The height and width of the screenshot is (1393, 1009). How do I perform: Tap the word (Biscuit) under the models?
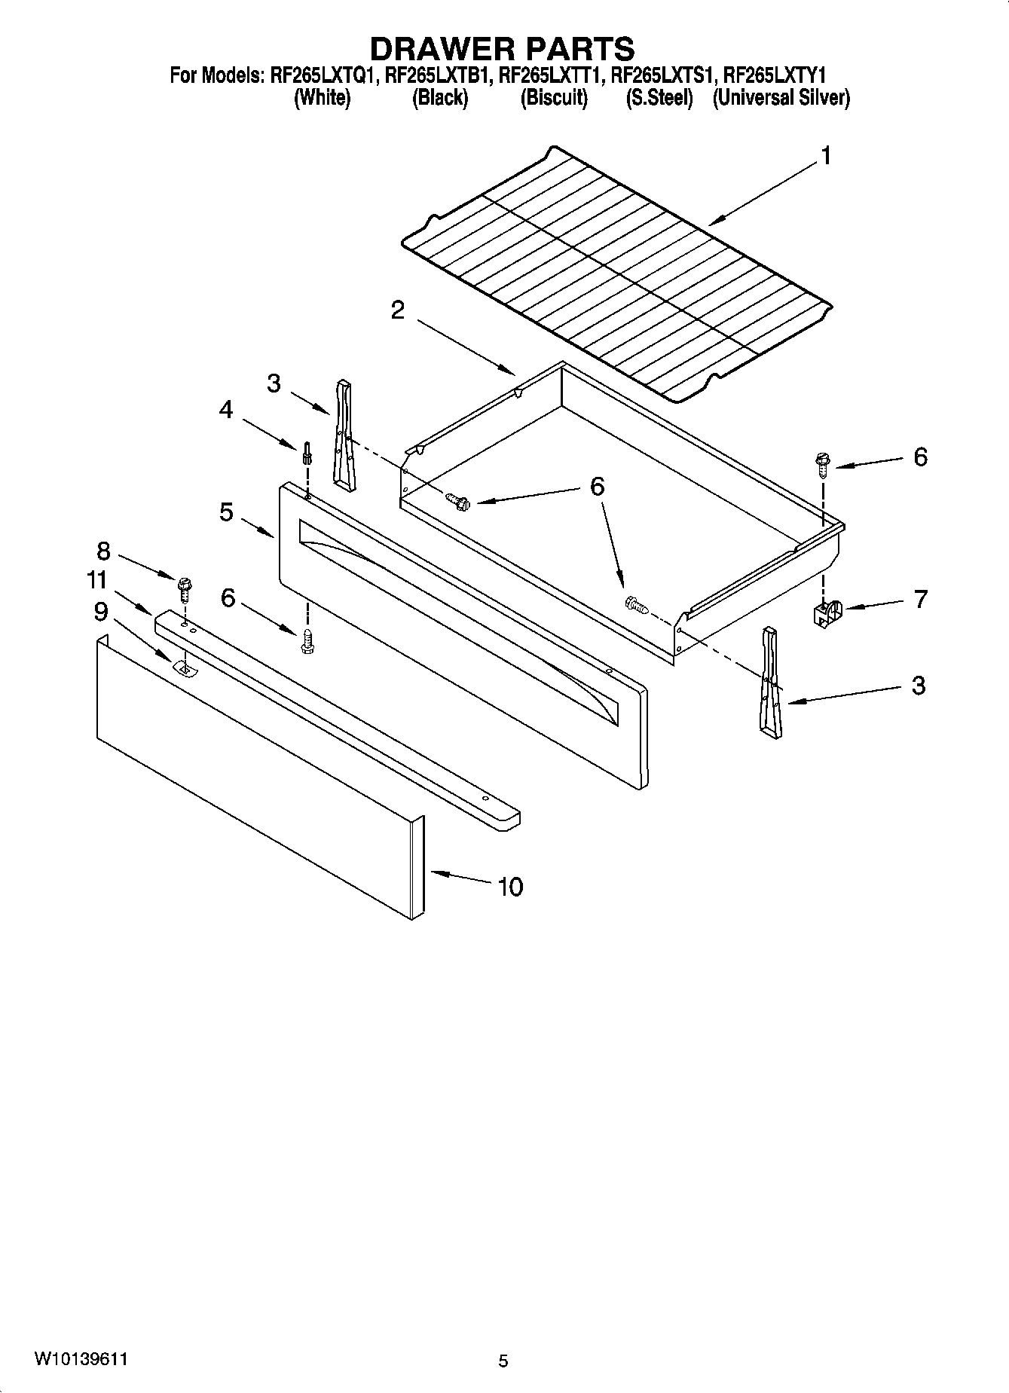(553, 98)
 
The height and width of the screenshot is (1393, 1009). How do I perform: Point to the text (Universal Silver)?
(781, 98)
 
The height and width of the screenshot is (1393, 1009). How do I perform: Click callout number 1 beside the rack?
(826, 157)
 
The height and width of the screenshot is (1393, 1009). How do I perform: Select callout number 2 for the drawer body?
(398, 310)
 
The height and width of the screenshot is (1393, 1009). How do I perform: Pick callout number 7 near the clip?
(920, 600)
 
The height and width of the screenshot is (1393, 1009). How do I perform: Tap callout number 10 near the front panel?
(510, 887)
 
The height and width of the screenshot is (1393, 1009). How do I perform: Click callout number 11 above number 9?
(97, 580)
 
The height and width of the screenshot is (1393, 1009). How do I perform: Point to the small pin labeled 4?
(307, 454)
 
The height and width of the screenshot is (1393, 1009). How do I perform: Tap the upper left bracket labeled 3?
(344, 435)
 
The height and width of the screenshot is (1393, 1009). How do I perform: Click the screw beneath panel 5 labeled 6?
(307, 640)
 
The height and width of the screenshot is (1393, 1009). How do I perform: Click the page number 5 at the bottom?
(503, 1361)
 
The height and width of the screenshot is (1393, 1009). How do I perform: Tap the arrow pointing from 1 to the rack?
(761, 195)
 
